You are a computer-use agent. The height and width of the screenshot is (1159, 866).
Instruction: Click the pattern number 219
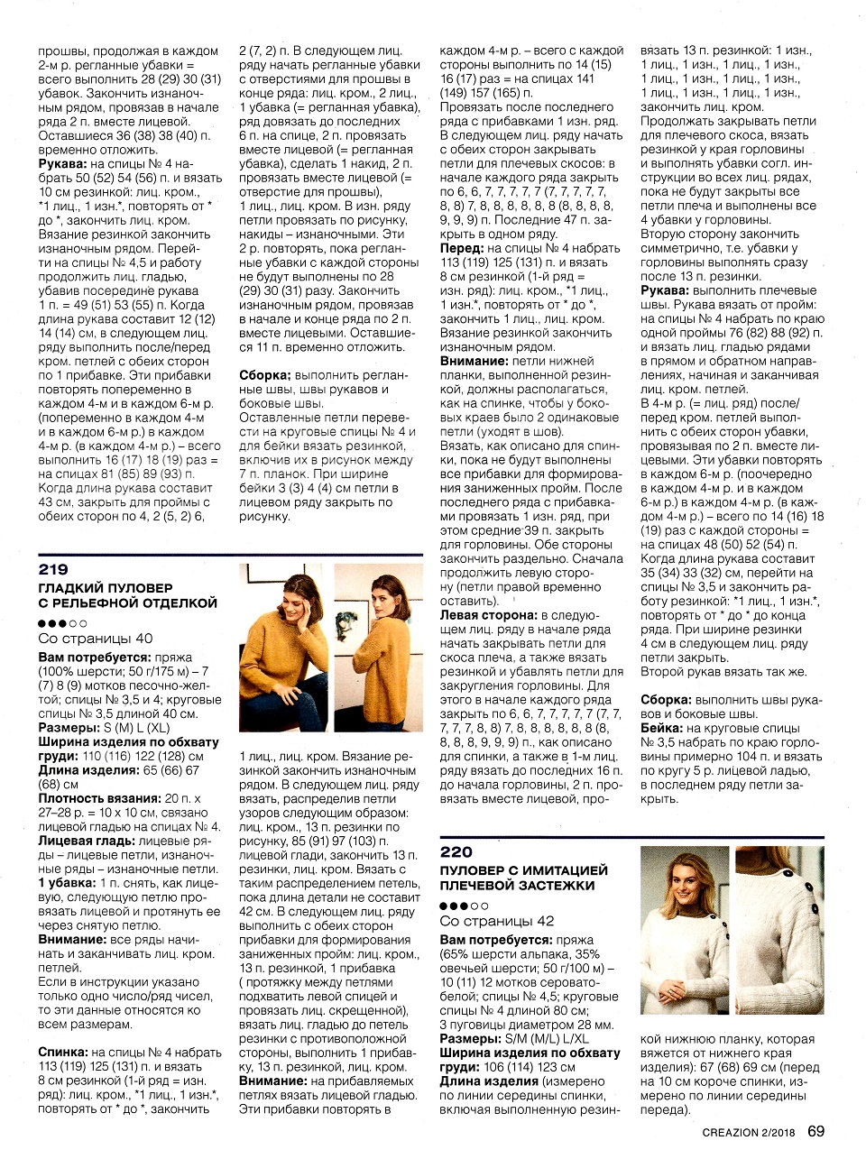tap(53, 570)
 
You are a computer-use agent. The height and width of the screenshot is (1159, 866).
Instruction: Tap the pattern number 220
tap(456, 852)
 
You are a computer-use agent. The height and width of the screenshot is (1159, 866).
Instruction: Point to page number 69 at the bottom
tap(815, 1131)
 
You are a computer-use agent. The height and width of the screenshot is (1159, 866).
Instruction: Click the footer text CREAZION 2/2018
tap(749, 1133)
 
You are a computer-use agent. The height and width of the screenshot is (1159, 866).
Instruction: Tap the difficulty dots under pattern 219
tap(62, 623)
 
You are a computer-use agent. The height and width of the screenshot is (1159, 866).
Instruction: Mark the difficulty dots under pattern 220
tap(465, 906)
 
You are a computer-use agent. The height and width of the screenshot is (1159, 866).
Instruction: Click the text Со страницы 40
tap(96, 639)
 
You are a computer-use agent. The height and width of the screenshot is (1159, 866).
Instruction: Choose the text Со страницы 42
tap(497, 921)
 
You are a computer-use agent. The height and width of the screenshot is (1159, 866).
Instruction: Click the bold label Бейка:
tap(661, 728)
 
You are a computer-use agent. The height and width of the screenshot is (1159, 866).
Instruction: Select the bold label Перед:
tap(461, 248)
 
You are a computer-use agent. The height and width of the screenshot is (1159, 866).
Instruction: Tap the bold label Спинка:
tap(62, 1053)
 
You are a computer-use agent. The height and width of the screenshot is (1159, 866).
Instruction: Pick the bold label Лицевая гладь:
tap(87, 841)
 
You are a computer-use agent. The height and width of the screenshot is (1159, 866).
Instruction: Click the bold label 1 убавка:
tap(67, 883)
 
